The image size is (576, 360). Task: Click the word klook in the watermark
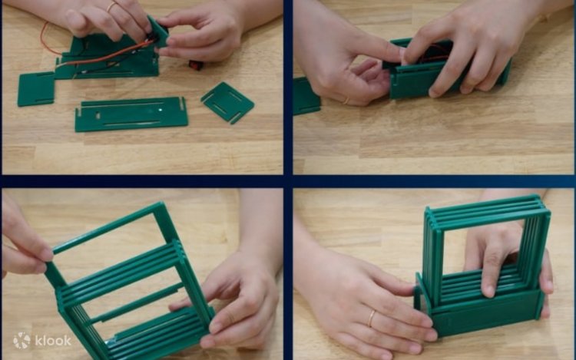pyautogui.click(x=53, y=341)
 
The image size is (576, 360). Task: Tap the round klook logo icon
pyautogui.click(x=22, y=341)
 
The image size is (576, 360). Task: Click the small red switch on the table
pyautogui.click(x=196, y=65)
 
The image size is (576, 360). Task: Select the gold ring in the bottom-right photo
pyautogui.click(x=372, y=318)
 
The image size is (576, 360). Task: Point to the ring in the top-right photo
pyautogui.click(x=346, y=101)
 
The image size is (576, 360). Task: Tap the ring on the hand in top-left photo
pyautogui.click(x=111, y=6)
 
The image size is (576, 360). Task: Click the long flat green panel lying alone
pyautogui.click(x=131, y=114)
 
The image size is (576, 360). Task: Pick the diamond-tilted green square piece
pyautogui.click(x=227, y=102)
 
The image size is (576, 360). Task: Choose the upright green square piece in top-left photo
pyautogui.click(x=36, y=90)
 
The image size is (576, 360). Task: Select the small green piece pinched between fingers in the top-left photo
pyautogui.click(x=159, y=32)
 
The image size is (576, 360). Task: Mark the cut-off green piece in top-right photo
pyautogui.click(x=306, y=95)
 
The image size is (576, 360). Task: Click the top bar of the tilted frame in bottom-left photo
pyautogui.click(x=107, y=228)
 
